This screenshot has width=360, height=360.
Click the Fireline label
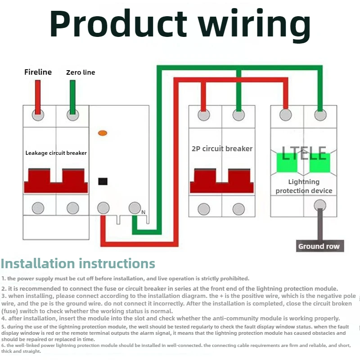pos(38,72)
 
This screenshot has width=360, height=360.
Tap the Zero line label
pos(81,72)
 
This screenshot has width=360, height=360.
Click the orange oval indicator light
pos(103,133)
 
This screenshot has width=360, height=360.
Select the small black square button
pos(103,181)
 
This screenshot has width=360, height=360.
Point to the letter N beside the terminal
pos(143,212)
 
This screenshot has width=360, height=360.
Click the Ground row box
pos(320,246)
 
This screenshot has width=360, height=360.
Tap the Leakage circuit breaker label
pos(56,153)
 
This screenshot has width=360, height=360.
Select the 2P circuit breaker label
pos(222,148)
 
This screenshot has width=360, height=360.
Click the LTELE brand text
pos(304,153)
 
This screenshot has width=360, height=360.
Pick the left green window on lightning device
pos(287,163)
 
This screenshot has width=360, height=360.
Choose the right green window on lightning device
pos(319,163)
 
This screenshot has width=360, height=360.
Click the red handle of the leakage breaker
pos(56,181)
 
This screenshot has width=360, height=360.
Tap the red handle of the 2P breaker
pos(222,181)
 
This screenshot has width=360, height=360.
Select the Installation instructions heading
pos(78,263)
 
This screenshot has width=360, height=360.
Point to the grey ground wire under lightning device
pos(320,224)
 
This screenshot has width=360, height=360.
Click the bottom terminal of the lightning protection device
pos(320,205)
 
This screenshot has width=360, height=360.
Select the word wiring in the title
pos(254,25)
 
